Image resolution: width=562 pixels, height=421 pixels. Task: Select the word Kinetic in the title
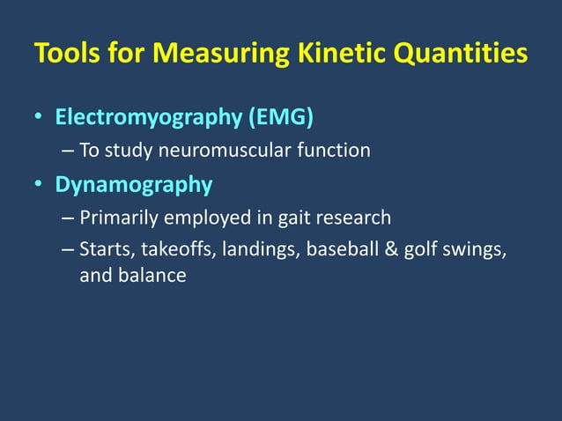click(332, 55)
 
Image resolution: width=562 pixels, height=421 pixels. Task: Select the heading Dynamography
click(133, 185)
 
